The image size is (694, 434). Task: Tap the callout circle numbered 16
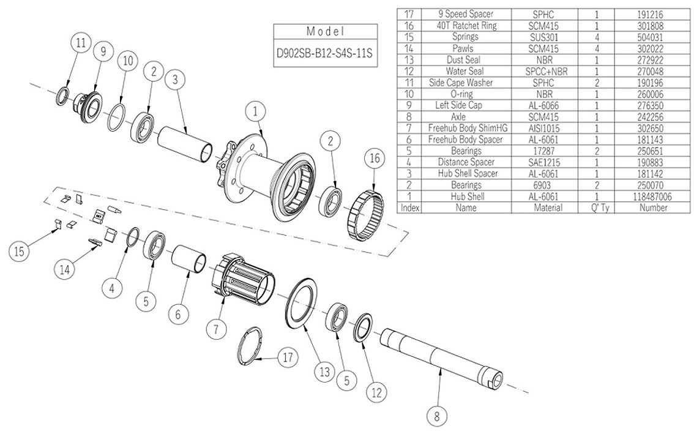click(x=375, y=159)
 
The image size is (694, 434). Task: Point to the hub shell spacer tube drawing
click(x=186, y=145)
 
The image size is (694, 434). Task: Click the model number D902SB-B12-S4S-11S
click(x=324, y=53)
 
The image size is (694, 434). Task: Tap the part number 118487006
click(x=653, y=196)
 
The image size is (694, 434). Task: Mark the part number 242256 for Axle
click(x=653, y=116)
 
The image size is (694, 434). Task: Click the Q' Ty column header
click(x=596, y=208)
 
